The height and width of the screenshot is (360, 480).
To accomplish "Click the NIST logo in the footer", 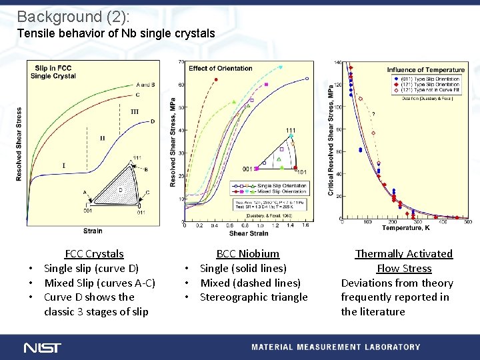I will [42, 347].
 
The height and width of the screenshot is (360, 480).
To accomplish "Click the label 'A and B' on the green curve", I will [145, 85].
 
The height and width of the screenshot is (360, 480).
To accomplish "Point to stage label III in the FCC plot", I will [135, 112].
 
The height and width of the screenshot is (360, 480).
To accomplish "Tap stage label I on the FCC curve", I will [64, 165].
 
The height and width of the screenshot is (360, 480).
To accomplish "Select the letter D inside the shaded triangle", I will [120, 190].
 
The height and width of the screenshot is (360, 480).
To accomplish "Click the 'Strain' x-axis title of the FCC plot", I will [93, 231].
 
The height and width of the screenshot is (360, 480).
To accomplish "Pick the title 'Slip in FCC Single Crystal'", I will [53, 72].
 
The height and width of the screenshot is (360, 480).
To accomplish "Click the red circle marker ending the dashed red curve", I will [216, 80].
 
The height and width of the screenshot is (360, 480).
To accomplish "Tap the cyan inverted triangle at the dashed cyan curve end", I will [281, 67].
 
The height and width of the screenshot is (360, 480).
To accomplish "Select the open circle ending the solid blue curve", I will [307, 79].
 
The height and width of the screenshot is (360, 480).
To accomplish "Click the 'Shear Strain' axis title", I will [248, 233].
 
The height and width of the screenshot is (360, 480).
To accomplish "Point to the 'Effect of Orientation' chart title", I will [221, 68].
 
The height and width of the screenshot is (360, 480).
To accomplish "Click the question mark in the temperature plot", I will [373, 114].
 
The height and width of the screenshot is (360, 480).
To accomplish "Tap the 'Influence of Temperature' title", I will [425, 70].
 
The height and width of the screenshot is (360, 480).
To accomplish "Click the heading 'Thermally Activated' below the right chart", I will [403, 253].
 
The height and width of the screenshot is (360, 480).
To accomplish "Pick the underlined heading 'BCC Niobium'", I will [247, 253].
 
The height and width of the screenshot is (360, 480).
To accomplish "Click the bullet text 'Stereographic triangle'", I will [253, 297].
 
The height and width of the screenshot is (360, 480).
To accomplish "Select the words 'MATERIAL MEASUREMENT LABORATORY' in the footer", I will [335, 347].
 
